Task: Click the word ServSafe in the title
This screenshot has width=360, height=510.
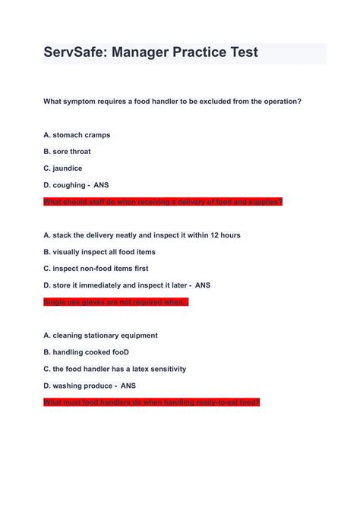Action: pos(73,52)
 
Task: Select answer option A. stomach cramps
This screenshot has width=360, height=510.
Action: pos(77,135)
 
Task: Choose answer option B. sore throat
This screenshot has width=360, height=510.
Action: pos(67,152)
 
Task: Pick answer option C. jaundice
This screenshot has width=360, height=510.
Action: pos(63,168)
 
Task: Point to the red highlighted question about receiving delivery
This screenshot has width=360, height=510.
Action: pos(163,202)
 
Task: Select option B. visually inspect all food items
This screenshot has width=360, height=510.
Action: pos(99,252)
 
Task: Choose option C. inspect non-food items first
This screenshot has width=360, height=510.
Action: pos(96,269)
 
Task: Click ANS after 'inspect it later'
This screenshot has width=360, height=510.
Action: pos(203,285)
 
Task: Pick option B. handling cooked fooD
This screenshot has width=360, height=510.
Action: pos(87,352)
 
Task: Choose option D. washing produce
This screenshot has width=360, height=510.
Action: pos(79,386)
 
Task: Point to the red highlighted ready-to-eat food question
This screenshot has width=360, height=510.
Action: pos(152,402)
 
